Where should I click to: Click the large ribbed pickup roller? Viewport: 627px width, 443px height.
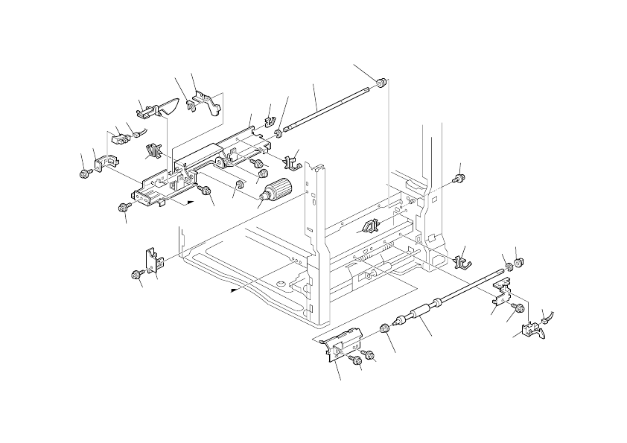click(x=276, y=191)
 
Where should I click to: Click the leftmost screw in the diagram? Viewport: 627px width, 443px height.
click(x=85, y=173)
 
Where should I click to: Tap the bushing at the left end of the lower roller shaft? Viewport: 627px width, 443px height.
click(x=385, y=329)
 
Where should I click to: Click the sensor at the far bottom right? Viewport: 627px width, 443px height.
click(x=534, y=330)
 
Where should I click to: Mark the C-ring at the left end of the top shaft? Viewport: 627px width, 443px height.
click(x=279, y=134)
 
